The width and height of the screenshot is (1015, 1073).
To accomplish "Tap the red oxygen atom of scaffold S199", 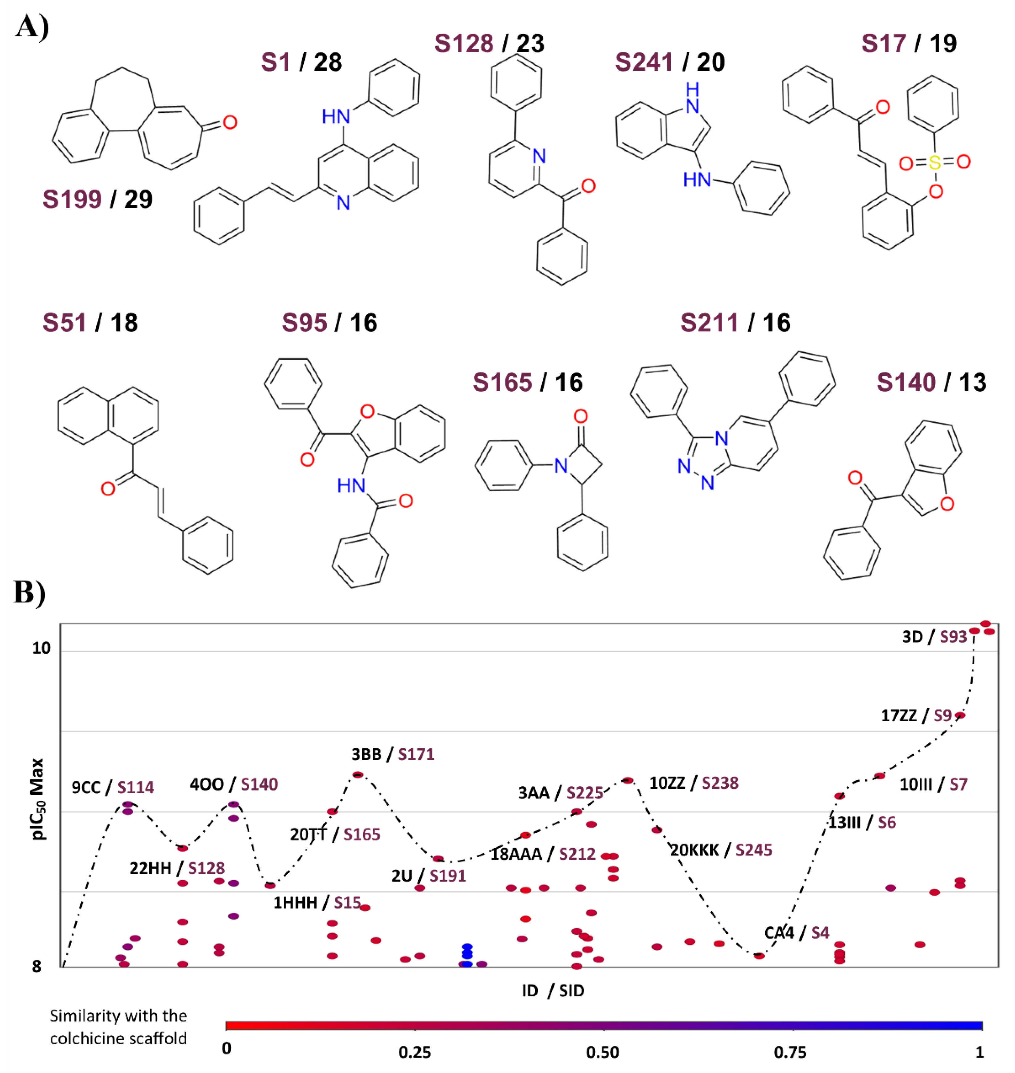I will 230,122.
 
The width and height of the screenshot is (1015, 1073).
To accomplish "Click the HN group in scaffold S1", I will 335,116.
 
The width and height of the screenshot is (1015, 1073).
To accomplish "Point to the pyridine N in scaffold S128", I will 539,157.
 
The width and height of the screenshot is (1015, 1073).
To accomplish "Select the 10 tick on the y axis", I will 41,648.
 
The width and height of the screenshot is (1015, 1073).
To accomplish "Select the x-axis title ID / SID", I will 553,991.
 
